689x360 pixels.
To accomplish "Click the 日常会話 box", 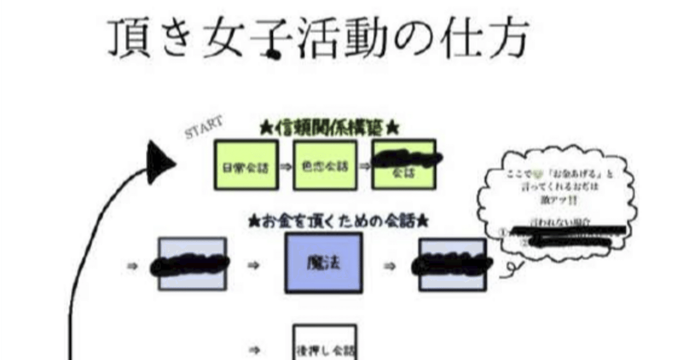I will tap(247, 165).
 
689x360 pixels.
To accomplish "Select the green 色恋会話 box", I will tap(325, 165).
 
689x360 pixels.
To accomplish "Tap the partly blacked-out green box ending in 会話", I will tap(403, 165).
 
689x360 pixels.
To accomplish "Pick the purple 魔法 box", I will tap(323, 264).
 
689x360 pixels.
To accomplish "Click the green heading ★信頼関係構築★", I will tap(329, 128).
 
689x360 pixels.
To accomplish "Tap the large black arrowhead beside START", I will tap(160, 160).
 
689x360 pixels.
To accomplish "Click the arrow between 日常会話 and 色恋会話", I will tap(286, 166).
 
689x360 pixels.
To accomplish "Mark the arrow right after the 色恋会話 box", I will tap(365, 166).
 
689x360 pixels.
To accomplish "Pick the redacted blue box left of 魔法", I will tap(192, 264).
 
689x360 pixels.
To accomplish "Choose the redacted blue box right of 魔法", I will tap(452, 264).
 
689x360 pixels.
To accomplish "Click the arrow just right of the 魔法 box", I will tap(391, 265).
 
